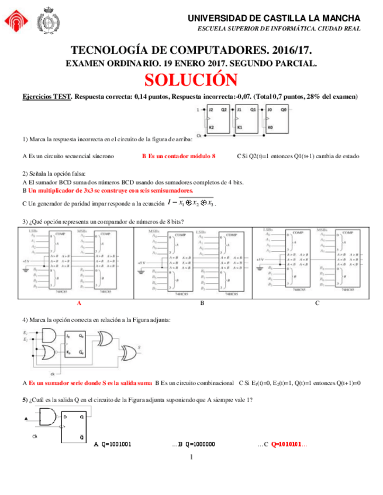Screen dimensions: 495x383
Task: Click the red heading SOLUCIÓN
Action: click(x=191, y=79)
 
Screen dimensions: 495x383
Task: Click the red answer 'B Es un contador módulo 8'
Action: click(x=178, y=156)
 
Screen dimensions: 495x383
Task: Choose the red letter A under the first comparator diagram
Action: click(x=79, y=304)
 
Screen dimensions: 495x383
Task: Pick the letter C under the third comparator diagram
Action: click(x=316, y=304)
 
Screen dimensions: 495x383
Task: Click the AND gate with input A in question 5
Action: click(x=47, y=418)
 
